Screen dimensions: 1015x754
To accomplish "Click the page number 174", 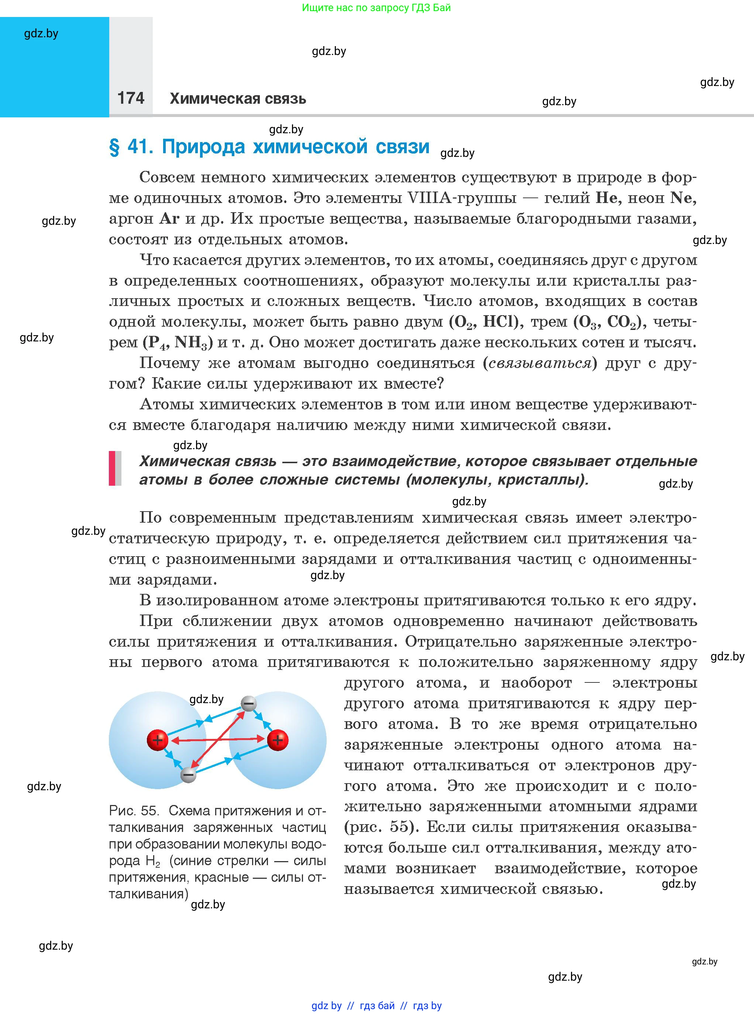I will point(131,98).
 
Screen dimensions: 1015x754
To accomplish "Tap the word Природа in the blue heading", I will point(204,147).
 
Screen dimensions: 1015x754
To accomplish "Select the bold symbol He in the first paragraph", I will point(606,198).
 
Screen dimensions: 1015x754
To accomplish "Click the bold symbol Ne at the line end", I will point(682,198).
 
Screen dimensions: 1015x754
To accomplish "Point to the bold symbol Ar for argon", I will point(169,219).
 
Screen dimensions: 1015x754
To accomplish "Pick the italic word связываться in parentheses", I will point(540,363).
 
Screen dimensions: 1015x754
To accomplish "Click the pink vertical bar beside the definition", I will point(112,468).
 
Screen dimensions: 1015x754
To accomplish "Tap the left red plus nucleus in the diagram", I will point(158,740).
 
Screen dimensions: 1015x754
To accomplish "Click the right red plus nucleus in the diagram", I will point(278,740).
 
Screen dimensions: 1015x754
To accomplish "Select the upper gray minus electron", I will point(249,704).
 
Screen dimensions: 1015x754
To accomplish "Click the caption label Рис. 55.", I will point(133,811).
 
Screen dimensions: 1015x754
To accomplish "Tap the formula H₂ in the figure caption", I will point(153,861).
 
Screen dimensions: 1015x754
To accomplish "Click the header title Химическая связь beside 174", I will point(237,99).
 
